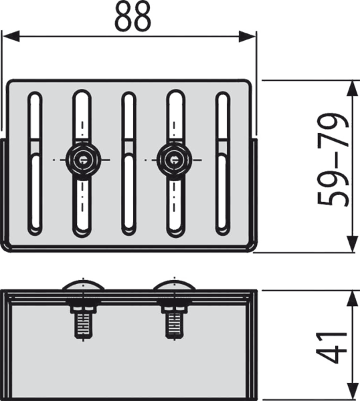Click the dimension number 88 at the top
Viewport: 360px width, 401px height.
(x=132, y=17)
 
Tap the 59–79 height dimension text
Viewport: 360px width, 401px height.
(x=333, y=160)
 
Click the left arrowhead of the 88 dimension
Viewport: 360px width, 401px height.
(x=11, y=36)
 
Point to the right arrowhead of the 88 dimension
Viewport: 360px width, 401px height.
(x=247, y=36)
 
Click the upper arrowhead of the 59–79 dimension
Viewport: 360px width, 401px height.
(x=353, y=89)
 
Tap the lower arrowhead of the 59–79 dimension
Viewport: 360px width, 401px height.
(x=353, y=244)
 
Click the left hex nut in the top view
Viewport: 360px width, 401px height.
(x=82, y=160)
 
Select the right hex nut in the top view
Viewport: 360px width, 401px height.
(x=173, y=160)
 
